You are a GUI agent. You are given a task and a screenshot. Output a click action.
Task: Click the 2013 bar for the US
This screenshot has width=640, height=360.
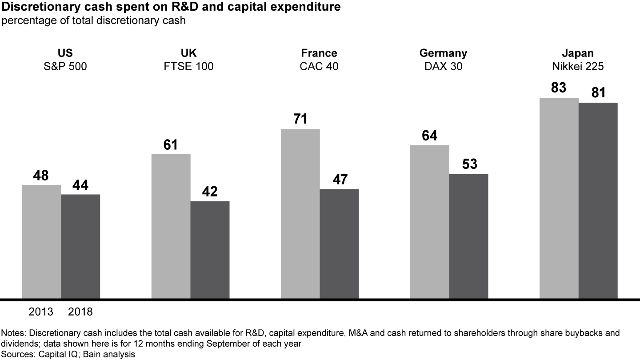[41, 241]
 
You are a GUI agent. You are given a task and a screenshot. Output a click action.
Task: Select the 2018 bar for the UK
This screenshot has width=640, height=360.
[210, 249]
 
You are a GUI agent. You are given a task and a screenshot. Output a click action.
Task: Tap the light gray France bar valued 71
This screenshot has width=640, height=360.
[300, 213]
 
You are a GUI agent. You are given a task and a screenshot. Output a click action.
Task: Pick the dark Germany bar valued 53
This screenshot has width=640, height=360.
[468, 236]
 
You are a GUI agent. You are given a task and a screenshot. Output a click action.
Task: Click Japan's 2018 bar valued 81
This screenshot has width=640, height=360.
[598, 200]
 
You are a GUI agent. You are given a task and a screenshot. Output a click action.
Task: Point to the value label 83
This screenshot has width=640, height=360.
[559, 88]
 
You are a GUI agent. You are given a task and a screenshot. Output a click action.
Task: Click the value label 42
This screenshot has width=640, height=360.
[210, 192]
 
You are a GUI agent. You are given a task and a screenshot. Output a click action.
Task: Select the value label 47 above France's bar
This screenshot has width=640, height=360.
[339, 180]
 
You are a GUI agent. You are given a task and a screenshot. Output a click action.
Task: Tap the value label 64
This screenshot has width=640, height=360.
[429, 136]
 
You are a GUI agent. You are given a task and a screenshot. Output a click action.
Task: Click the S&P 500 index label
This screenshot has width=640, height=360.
[65, 67]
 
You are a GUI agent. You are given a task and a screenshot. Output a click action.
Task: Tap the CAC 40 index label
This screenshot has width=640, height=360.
[319, 67]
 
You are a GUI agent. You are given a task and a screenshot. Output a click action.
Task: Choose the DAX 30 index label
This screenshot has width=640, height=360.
[443, 67]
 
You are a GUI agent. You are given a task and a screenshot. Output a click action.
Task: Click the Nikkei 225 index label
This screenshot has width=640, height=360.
[578, 67]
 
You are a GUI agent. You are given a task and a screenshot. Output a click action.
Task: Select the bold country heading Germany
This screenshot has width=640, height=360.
[443, 53]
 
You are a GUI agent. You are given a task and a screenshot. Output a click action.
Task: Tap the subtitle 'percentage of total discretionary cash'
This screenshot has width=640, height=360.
[93, 20]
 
